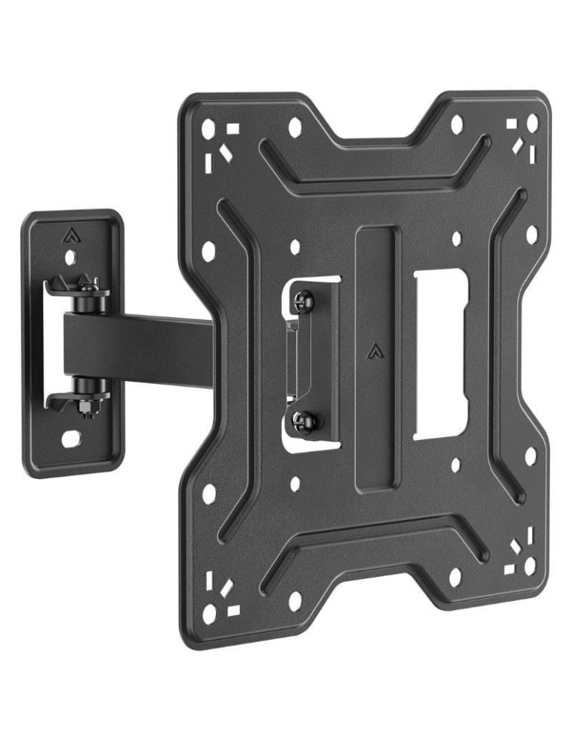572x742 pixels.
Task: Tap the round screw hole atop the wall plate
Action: click(70, 257)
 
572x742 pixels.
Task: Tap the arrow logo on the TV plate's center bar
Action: click(372, 350)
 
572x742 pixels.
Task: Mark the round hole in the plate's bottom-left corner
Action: click(211, 613)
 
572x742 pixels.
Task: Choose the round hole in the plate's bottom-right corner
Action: click(530, 565)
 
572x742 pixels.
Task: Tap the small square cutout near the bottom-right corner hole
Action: click(510, 569)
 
